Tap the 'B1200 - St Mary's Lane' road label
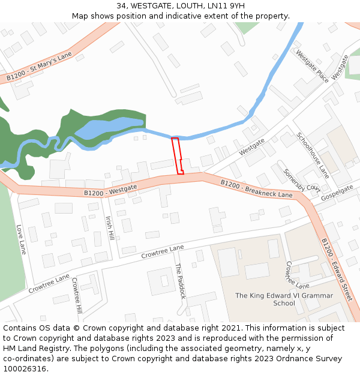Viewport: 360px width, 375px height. [x=39, y=66]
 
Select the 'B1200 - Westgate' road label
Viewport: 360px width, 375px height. [x=110, y=190]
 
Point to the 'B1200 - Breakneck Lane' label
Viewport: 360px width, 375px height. [x=256, y=188]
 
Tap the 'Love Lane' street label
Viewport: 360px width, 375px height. [x=21, y=239]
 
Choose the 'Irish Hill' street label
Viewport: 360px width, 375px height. [x=110, y=229]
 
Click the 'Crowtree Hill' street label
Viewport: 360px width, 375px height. [x=76, y=295]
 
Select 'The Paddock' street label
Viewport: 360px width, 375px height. [x=180, y=281]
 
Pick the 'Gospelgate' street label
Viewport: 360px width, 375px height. [x=337, y=193]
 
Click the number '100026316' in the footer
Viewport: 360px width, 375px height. [x=25, y=368]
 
